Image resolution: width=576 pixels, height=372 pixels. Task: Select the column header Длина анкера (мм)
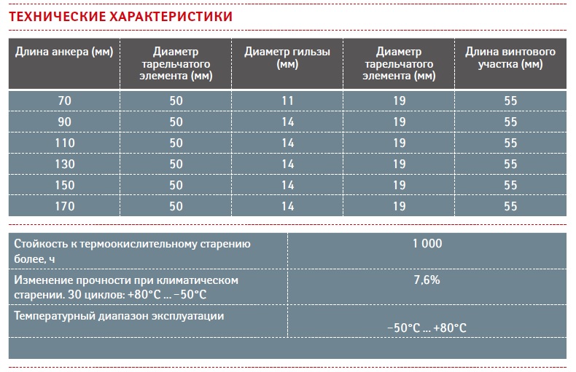click(x=64, y=52)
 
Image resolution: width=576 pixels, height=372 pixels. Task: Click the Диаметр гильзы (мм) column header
click(x=287, y=58)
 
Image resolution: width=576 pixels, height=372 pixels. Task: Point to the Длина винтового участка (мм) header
click(x=510, y=58)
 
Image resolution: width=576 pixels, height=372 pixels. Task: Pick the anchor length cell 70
click(x=65, y=101)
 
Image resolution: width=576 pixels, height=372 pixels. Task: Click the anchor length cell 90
click(x=65, y=122)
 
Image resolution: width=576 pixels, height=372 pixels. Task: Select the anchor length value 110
click(x=65, y=143)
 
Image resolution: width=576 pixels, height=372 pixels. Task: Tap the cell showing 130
click(x=65, y=164)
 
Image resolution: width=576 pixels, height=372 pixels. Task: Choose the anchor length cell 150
click(x=65, y=185)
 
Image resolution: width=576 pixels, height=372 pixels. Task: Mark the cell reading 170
click(x=65, y=206)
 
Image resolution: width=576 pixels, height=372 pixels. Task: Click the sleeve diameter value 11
click(x=287, y=101)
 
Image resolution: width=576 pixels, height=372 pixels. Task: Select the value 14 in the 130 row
click(x=287, y=164)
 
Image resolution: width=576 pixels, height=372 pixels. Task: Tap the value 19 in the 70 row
click(x=400, y=101)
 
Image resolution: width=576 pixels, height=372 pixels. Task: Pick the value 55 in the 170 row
click(x=510, y=206)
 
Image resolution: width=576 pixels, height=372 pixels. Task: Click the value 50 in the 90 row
click(x=176, y=122)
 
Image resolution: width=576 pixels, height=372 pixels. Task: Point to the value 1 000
click(x=427, y=244)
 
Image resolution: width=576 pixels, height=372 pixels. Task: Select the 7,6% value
click(x=427, y=280)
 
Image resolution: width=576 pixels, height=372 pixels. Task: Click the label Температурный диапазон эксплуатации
click(x=119, y=316)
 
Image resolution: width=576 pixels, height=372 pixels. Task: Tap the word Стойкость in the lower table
click(x=41, y=244)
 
